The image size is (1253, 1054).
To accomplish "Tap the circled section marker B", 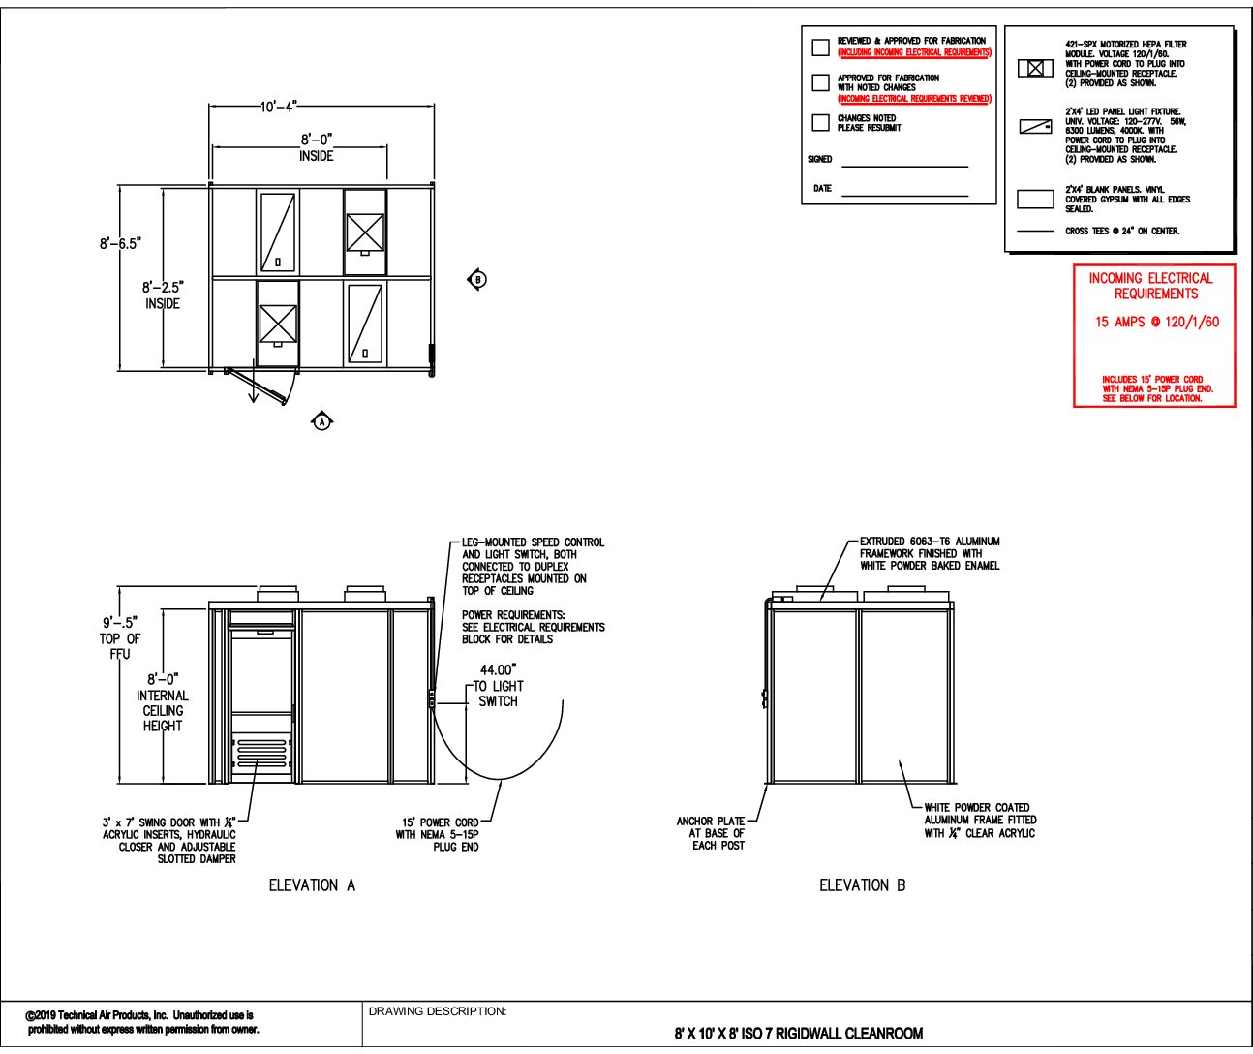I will tap(477, 280).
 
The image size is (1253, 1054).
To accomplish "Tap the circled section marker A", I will tap(322, 421).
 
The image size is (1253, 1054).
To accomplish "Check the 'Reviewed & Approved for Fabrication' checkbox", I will tap(820, 46).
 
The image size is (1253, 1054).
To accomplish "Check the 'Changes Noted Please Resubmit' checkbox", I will tap(820, 123).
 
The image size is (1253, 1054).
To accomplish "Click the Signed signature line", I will tap(904, 166).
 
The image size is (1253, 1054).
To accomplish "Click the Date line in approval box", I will tap(904, 195).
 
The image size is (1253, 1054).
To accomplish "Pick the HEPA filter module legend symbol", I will tap(1035, 68).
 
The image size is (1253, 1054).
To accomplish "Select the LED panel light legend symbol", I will tap(1035, 127).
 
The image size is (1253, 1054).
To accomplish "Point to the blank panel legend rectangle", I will tap(1035, 200).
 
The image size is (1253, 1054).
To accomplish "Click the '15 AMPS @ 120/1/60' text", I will tap(1157, 322).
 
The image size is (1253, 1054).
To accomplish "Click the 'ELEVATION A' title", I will tap(312, 884).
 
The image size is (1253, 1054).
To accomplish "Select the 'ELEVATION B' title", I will tap(862, 884).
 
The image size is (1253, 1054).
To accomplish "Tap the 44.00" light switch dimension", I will tap(499, 669).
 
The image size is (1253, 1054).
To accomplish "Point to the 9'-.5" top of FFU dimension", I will tap(120, 623).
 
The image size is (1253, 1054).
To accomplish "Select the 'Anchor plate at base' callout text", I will tap(711, 833).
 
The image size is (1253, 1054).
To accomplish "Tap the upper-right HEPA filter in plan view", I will tap(365, 232).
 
